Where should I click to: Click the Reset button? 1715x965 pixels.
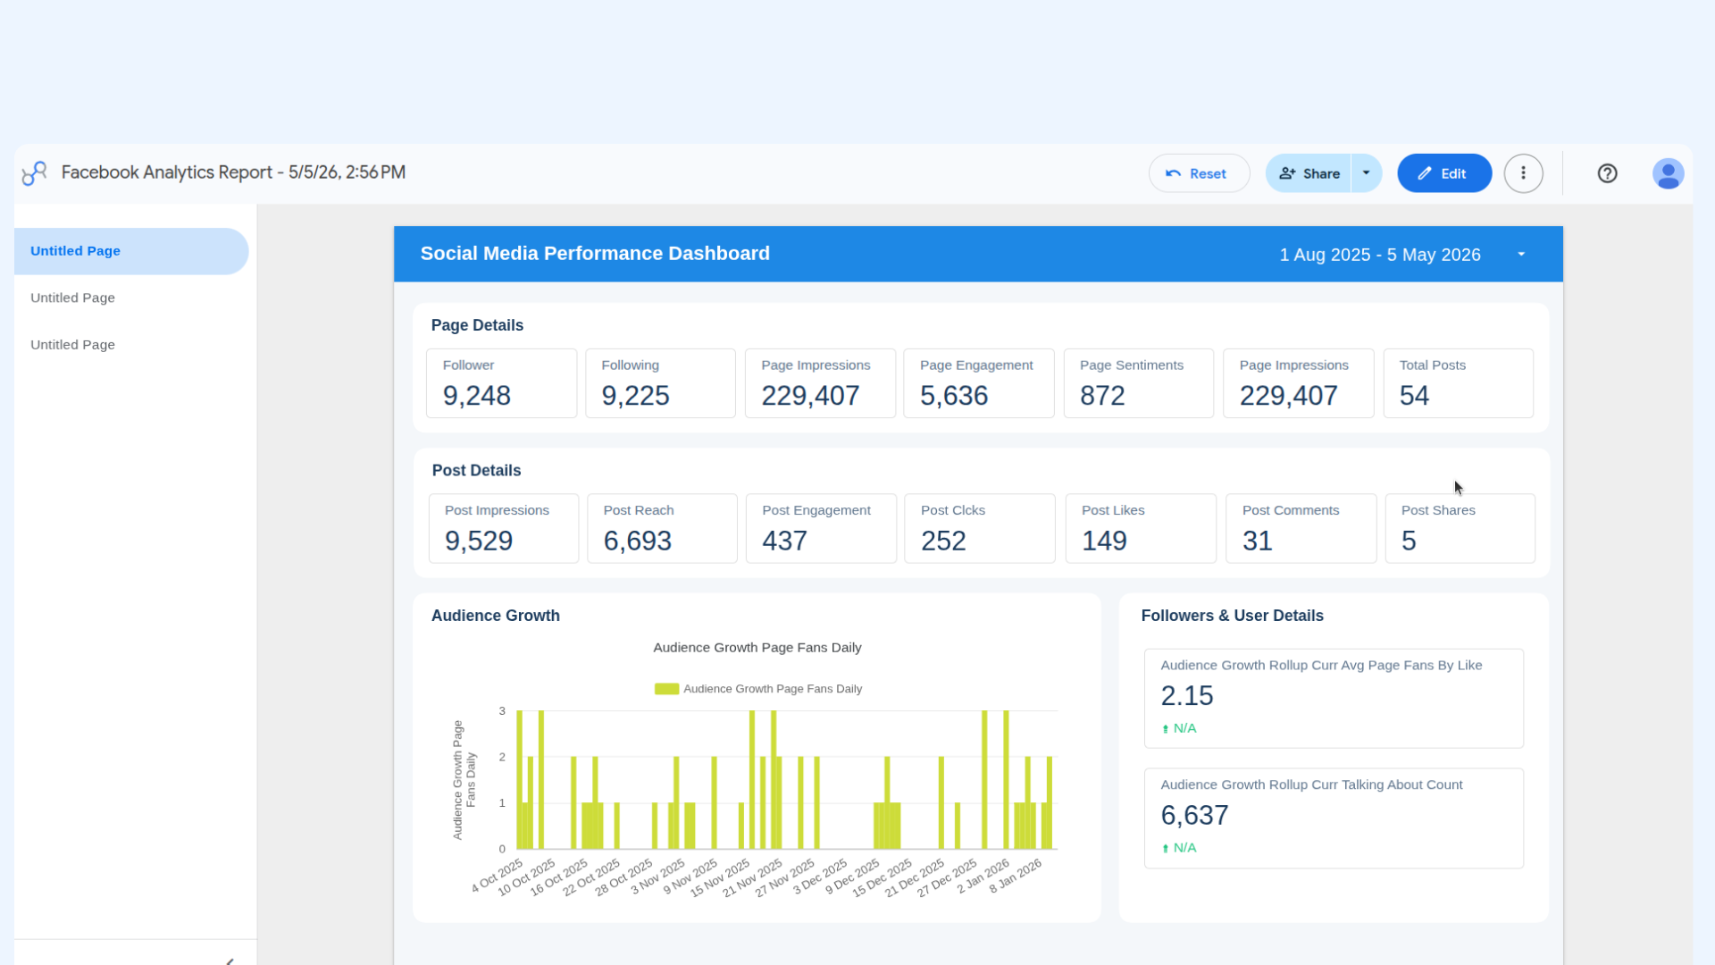1199,173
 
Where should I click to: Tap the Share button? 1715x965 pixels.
1309,173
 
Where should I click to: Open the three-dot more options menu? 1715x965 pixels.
1523,173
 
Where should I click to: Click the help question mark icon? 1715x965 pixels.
1607,173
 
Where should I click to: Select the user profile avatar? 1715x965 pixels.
1668,173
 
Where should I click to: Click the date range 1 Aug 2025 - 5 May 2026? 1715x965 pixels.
1379,255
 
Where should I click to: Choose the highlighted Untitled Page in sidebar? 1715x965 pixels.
75,251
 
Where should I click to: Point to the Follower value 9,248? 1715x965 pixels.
477,396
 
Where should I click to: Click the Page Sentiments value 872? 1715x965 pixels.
1102,396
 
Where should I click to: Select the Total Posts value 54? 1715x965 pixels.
1414,396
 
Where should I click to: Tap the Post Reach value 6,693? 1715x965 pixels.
637,541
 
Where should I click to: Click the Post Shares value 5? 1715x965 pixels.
1409,541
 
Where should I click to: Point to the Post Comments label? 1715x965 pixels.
1291,510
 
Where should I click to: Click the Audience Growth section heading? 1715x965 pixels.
495,616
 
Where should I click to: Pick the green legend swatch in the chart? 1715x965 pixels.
666,689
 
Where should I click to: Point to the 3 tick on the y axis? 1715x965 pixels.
502,711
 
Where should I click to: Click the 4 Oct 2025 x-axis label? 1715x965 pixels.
498,876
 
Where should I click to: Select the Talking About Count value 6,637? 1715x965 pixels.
1194,815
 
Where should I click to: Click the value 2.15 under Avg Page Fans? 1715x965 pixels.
1187,695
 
